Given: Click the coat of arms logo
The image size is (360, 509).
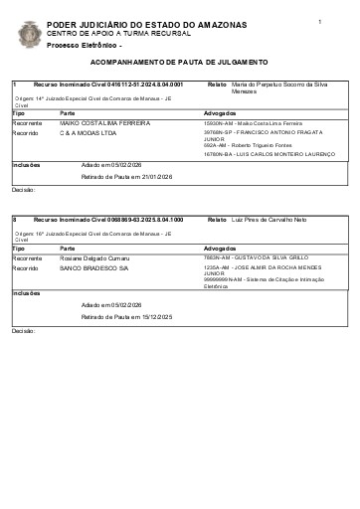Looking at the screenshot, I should click(x=30, y=34).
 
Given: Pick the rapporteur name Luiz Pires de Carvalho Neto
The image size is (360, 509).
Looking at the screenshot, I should click(x=269, y=219).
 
